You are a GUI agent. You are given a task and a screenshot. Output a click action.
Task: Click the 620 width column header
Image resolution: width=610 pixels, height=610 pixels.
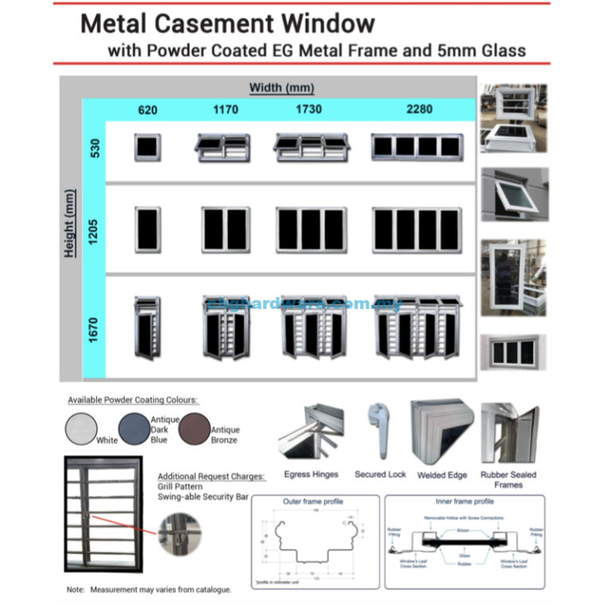(148, 110)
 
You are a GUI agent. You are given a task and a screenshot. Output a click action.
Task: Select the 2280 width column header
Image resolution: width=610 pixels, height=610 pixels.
(419, 109)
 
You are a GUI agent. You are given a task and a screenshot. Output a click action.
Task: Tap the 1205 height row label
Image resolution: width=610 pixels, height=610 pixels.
(94, 229)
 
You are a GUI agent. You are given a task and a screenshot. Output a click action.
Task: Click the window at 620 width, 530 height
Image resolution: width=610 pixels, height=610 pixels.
(148, 147)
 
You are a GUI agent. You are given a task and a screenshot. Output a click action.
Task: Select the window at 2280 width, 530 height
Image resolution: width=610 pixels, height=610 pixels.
(416, 146)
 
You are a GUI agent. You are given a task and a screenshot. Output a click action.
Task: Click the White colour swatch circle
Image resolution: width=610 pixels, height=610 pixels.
(80, 429)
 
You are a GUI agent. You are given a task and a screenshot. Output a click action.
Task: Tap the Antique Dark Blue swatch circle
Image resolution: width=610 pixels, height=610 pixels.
(133, 430)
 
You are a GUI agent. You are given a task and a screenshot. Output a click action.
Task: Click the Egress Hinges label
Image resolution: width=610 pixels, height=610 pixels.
(311, 475)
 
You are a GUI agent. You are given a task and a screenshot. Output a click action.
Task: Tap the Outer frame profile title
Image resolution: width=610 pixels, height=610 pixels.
(313, 502)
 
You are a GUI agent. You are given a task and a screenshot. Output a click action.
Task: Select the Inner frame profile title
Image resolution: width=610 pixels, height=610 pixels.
(465, 502)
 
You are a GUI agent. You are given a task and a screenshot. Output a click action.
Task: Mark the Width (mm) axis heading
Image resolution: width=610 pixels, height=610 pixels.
(281, 87)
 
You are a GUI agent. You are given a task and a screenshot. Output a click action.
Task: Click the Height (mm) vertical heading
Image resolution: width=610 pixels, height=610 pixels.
(70, 223)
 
